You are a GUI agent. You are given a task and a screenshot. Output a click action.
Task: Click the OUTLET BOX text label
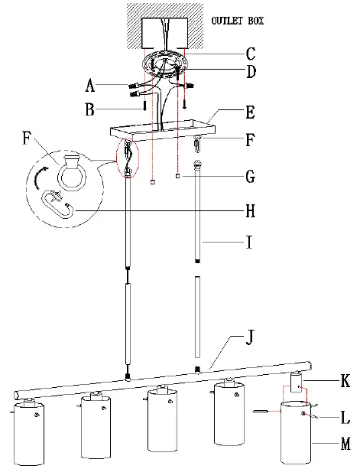click(x=238, y=21)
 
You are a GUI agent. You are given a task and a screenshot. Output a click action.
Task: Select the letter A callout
click(x=90, y=85)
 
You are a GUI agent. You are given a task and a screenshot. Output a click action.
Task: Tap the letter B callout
click(x=89, y=109)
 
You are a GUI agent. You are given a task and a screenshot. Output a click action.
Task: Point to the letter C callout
click(x=251, y=54)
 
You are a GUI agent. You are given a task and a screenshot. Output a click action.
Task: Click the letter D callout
click(x=251, y=71)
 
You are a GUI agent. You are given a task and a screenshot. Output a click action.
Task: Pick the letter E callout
click(x=250, y=112)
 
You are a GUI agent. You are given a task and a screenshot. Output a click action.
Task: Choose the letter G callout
click(x=251, y=176)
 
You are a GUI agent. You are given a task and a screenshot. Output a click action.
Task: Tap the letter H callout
click(x=251, y=211)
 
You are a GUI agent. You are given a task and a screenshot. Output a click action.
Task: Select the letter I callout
click(x=250, y=242)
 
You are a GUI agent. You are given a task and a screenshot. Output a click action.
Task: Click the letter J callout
click(x=250, y=337)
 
